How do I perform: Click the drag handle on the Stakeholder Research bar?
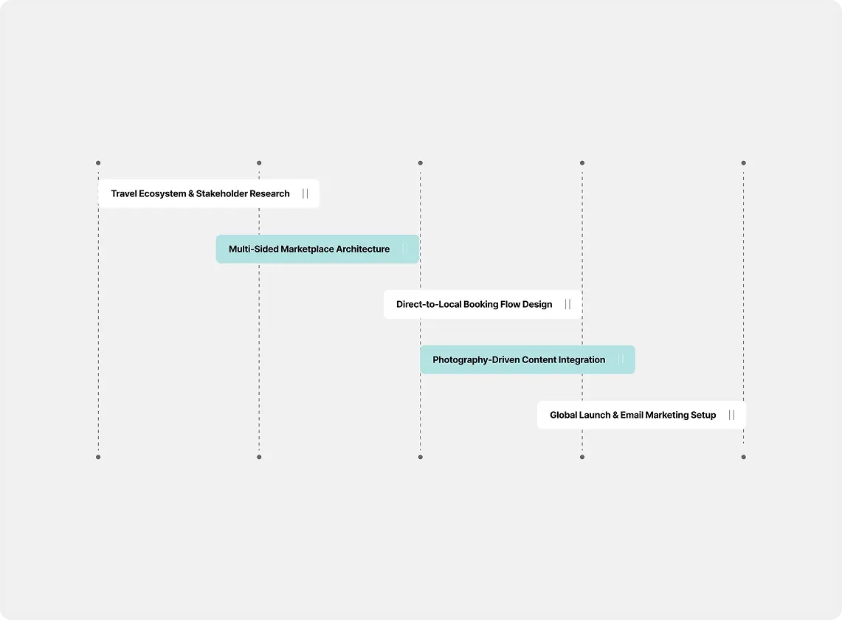tap(305, 193)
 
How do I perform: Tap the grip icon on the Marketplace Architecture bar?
tap(405, 249)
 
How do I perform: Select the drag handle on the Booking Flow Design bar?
tap(567, 304)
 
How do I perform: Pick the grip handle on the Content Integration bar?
tap(621, 359)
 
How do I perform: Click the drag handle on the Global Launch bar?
tap(731, 415)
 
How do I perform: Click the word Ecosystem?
tap(162, 194)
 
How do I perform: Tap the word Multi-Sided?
tap(253, 249)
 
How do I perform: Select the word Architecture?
tap(363, 249)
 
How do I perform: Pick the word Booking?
tap(480, 305)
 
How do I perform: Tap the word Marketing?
tap(666, 416)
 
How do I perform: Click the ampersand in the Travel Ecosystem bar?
tap(191, 193)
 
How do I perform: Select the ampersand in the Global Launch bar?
tap(615, 415)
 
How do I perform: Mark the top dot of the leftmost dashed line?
tap(98, 163)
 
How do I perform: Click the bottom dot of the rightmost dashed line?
tap(744, 457)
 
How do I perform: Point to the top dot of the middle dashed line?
tap(421, 163)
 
